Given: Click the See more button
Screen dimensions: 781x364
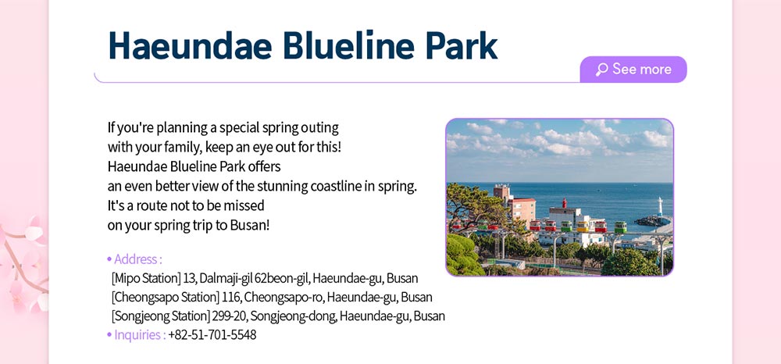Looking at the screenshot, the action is (633, 70).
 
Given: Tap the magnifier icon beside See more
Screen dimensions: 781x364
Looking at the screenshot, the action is (601, 70).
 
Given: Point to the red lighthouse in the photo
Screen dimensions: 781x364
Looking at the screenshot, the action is (565, 202).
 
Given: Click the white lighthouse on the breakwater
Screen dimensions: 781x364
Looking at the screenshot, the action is (661, 206).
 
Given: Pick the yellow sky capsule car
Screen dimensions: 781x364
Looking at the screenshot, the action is (583, 226).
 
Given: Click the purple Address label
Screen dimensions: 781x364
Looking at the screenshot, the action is (135, 259).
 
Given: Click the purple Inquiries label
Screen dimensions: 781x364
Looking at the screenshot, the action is (137, 334).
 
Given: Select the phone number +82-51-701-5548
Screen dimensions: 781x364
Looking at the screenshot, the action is (212, 334).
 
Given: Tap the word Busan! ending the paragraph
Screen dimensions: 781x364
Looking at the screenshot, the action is (250, 225).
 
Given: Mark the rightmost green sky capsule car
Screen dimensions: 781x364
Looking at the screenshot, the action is (620, 227).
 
